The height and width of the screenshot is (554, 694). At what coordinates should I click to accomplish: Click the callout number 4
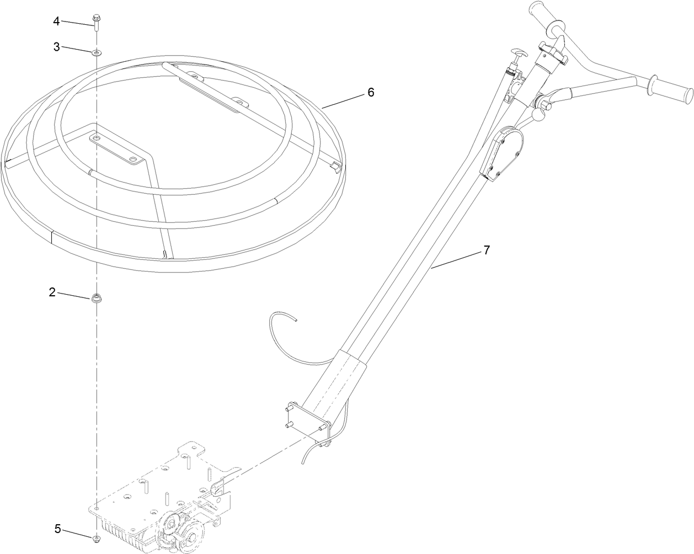pos(56,21)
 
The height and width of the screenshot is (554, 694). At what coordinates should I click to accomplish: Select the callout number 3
pos(56,47)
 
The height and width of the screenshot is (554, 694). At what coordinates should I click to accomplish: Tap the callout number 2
pos(52,292)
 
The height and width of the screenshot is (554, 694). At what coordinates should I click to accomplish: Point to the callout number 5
pos(57,529)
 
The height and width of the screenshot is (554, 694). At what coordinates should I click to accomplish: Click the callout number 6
pos(371,92)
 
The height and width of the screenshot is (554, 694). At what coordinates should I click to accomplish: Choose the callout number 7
pos(486,250)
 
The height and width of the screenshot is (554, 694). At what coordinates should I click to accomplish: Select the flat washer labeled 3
pos(97,52)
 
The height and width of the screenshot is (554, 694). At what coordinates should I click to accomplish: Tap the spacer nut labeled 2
pos(96,299)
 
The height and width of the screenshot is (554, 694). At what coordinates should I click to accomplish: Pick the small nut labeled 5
pos(97,537)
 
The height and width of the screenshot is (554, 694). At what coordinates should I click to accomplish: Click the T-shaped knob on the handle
pos(517,54)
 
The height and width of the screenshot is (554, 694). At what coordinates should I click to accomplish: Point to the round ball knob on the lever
pos(537,115)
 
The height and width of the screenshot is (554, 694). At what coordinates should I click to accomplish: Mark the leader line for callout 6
pos(342,99)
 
